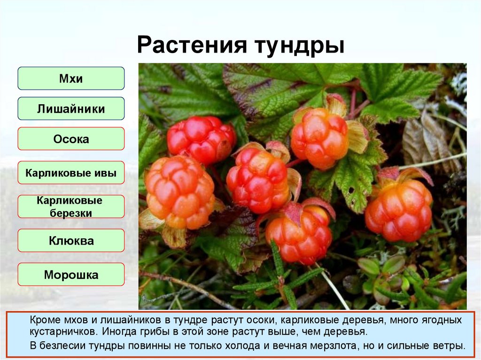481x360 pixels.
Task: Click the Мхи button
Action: tap(71, 78)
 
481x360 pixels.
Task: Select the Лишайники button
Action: tap(71, 109)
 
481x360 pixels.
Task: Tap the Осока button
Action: tap(71, 139)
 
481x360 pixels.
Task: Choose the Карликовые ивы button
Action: tap(71, 173)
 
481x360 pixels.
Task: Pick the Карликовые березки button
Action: tap(71, 207)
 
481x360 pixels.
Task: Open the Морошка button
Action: tap(71, 275)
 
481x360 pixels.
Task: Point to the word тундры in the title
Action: tap(299, 47)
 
